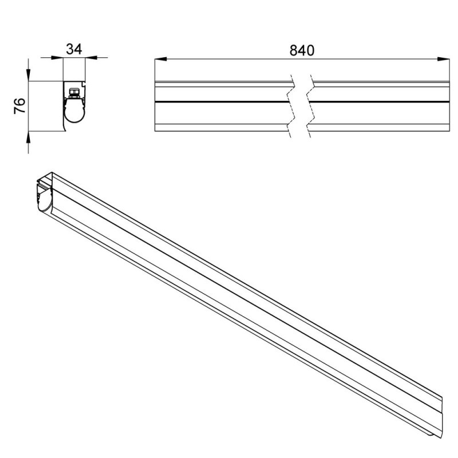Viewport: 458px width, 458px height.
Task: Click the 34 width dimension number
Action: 74,49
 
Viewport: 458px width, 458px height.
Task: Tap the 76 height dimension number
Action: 19,106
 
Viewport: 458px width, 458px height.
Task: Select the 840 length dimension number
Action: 302,50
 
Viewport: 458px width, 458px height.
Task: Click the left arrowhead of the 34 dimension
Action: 57,58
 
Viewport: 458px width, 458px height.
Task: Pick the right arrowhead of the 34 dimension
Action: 91,58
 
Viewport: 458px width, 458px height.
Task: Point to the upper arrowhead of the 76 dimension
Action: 28,75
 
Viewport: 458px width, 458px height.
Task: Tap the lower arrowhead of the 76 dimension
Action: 28,137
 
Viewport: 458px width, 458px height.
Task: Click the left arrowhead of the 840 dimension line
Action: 161,60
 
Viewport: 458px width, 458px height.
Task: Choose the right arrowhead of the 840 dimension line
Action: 443,60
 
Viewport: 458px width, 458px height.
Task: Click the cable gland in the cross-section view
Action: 74,93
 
